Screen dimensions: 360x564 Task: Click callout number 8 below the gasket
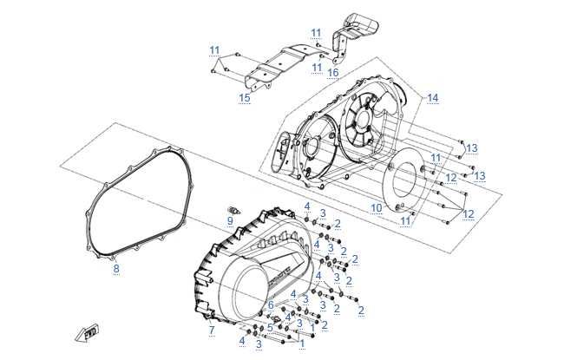[116, 268]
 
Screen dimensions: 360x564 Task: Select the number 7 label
[211, 330]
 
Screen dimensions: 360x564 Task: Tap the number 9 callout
[230, 221]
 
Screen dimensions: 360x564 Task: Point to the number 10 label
[376, 208]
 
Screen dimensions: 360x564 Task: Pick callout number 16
[332, 72]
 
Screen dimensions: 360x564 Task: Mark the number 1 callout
[301, 344]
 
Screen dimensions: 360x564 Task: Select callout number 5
[270, 327]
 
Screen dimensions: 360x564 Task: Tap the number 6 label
[271, 304]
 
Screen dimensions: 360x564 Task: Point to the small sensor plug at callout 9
[233, 211]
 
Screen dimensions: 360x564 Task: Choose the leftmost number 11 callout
[214, 49]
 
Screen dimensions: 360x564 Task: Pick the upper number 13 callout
[471, 148]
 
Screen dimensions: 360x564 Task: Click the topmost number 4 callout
[306, 206]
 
